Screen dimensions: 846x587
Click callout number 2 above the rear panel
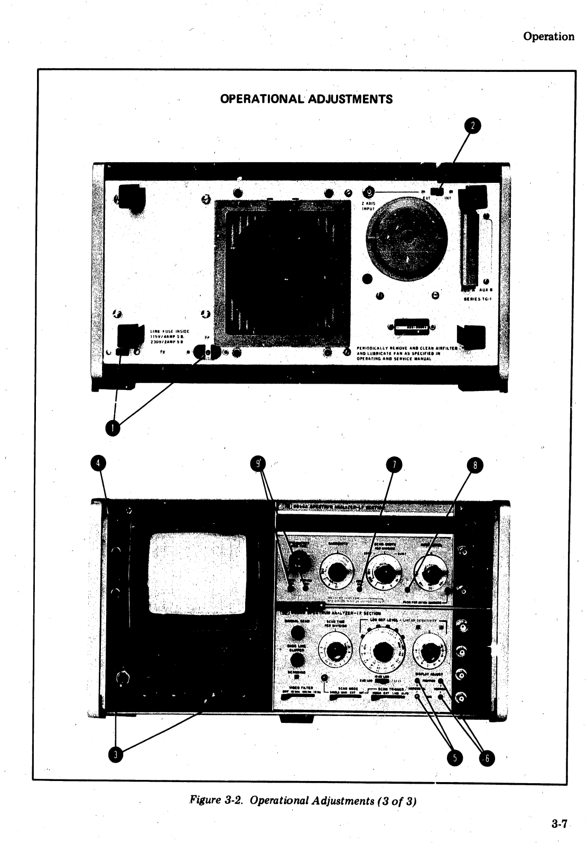pos(473,125)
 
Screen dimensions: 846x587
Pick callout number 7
pos(393,464)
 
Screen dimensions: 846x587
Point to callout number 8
pos(475,466)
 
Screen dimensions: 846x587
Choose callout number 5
pos(453,757)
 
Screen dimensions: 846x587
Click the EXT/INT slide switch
pos(437,191)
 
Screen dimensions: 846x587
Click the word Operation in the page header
pos(548,36)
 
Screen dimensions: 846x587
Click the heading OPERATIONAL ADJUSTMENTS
pos(306,99)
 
